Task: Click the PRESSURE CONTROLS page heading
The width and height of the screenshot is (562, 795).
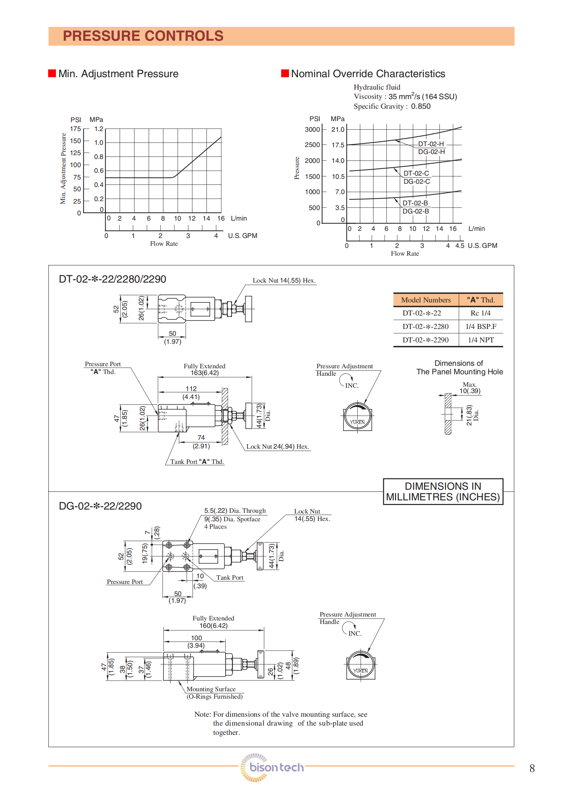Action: coord(143,36)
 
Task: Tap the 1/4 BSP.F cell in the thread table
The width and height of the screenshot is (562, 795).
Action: coord(481,326)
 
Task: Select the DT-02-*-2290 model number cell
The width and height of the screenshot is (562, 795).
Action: coord(425,340)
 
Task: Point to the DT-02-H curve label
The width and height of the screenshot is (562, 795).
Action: coord(431,144)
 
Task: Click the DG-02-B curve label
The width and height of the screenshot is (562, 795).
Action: coord(415,211)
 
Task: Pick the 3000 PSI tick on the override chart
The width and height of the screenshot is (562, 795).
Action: coord(312,130)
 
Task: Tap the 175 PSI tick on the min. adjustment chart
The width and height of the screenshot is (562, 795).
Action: coord(75,129)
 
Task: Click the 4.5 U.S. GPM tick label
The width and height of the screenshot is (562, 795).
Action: coord(459,246)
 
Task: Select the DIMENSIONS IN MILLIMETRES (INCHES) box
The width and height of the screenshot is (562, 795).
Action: coord(443,492)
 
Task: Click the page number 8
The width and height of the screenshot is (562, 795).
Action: coord(532,768)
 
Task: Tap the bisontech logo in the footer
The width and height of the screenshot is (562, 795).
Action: coord(272,767)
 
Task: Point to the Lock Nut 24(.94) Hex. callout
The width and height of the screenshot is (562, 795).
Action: coord(278,447)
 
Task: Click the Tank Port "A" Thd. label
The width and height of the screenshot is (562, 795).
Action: coord(197,462)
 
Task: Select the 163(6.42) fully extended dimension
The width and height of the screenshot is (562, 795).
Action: coord(205,373)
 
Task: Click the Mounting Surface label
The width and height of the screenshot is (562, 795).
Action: coord(211,689)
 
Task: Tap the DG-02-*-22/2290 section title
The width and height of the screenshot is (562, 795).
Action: coord(100,506)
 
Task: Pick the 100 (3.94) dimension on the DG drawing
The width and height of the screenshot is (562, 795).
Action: coord(196,642)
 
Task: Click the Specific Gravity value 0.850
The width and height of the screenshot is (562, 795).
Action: coord(421,106)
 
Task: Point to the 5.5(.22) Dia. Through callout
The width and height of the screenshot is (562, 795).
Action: coord(234,511)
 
